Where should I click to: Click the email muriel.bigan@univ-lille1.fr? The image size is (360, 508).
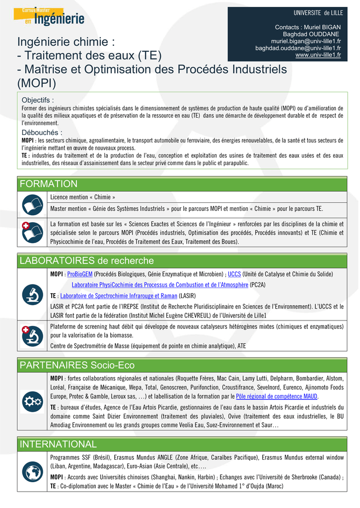(305, 41)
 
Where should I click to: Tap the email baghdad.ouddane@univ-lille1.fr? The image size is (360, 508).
(298, 48)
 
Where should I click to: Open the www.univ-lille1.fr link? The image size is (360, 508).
(318, 55)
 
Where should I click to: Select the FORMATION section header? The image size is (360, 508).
(49, 184)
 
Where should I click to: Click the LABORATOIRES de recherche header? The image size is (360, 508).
(86, 261)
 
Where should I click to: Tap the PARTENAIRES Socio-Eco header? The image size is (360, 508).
(77, 366)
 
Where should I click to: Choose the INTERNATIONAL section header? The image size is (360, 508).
(58, 444)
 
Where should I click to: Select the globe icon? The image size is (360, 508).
(33, 471)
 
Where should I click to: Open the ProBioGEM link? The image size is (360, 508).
(79, 274)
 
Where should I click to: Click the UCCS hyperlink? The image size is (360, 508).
(234, 274)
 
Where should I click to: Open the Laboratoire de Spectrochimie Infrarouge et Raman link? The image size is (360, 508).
(119, 296)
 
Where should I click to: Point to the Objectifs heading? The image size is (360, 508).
(38, 100)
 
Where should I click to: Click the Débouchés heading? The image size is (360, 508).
(42, 132)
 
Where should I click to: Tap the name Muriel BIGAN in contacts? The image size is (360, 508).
(323, 26)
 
